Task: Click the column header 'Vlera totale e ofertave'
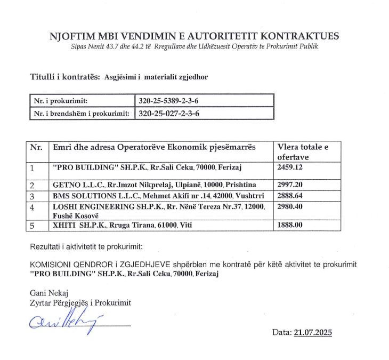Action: pos(301,151)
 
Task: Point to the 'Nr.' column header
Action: pos(36,147)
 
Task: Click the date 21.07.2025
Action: pos(312,332)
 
